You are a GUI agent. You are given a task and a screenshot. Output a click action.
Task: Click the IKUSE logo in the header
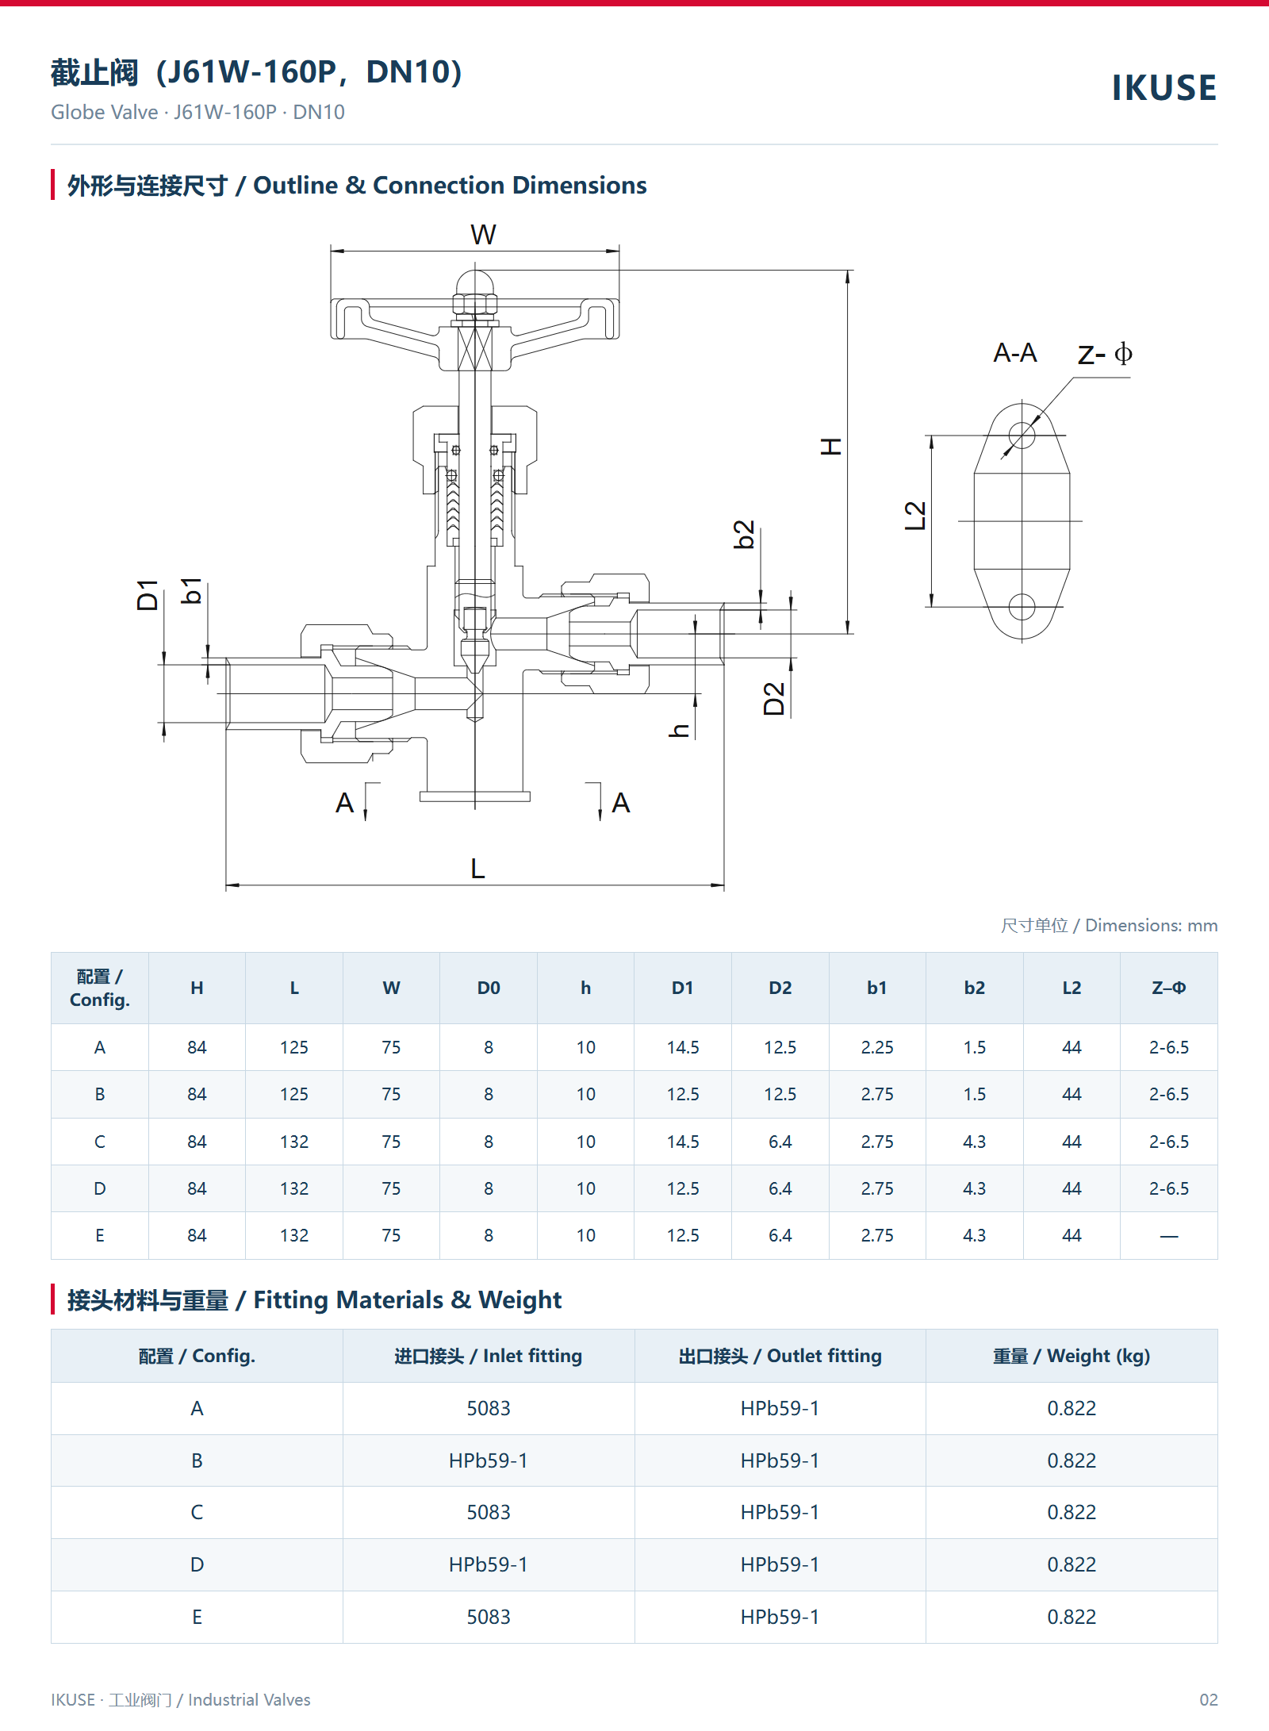point(1164,87)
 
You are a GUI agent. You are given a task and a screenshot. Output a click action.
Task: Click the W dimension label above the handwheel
point(483,235)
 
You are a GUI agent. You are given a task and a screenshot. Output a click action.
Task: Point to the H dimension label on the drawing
point(830,446)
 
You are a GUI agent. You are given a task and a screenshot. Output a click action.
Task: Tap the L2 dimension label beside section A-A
point(915,516)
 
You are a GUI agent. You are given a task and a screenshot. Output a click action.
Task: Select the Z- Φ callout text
point(1105,353)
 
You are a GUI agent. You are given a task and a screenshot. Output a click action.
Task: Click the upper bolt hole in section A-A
point(1022,435)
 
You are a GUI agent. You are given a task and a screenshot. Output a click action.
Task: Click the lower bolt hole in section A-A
point(1022,607)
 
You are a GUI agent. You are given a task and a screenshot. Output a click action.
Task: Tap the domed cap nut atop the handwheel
point(474,283)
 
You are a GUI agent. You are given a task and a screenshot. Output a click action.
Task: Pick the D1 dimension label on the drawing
point(148,595)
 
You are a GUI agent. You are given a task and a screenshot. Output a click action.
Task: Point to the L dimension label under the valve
point(477,869)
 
